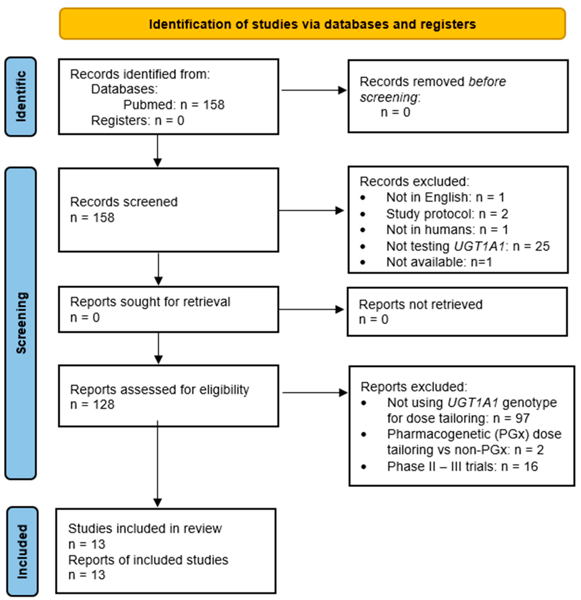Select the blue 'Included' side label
pos(22,551)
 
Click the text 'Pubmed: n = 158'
pos(174,105)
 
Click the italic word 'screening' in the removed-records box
pos(388,97)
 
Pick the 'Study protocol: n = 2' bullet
pos(447,214)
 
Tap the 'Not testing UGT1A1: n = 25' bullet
pos(468,246)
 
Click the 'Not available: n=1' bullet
pos(439,262)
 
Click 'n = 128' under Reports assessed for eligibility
pos(92,404)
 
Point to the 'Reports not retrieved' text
pos(420,305)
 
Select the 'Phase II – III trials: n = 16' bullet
pos(462,467)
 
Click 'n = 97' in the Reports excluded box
pos(511,418)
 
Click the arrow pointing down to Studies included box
pos(157,465)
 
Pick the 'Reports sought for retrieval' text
pos(150,302)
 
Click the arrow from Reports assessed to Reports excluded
pos(314,393)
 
